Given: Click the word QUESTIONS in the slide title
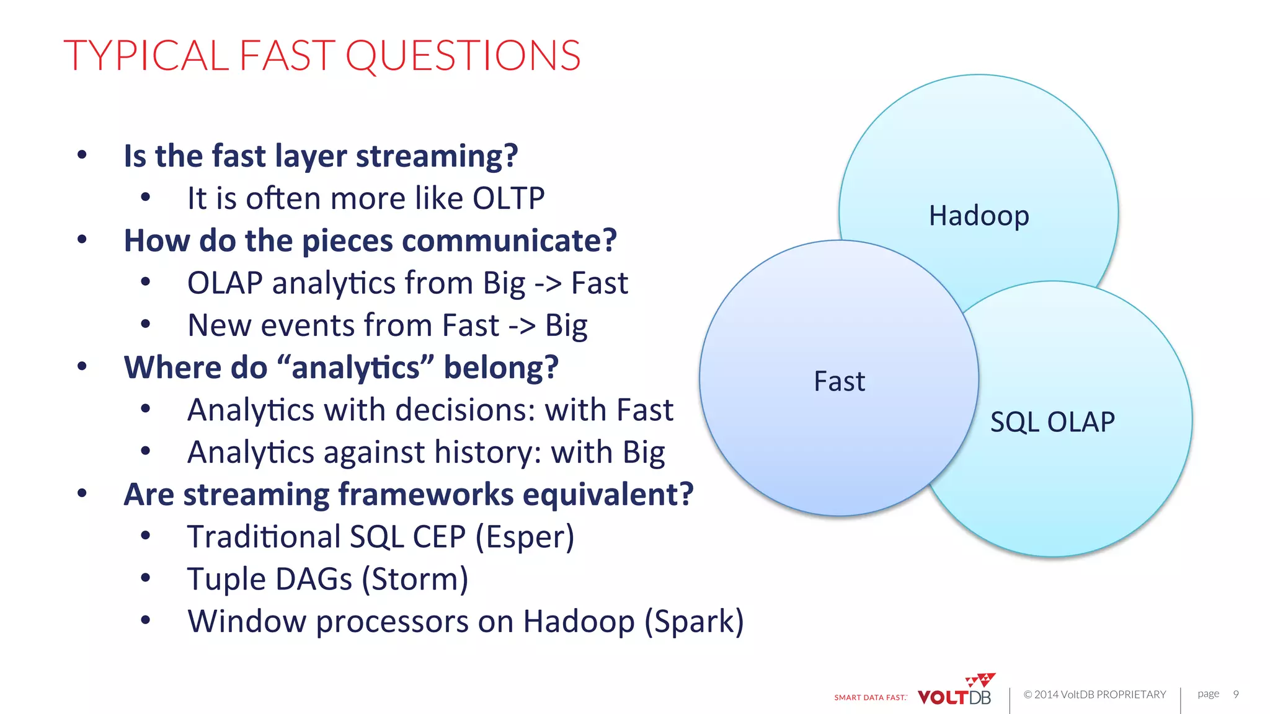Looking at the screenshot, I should point(463,56).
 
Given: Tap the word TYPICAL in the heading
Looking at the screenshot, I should point(146,56).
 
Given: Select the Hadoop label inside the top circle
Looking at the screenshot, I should point(979,216).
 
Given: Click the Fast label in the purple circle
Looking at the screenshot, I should point(839,381).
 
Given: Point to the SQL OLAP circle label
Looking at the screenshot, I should point(1052,422).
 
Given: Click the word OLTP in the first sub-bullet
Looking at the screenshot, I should point(508,198).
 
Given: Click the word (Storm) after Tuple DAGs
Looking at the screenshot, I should point(415,579).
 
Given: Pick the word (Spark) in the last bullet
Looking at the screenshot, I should point(694,621).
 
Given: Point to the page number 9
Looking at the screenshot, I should point(1236,694).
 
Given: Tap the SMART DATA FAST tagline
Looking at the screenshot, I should point(870,698).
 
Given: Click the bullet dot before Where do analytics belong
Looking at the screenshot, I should point(82,367).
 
